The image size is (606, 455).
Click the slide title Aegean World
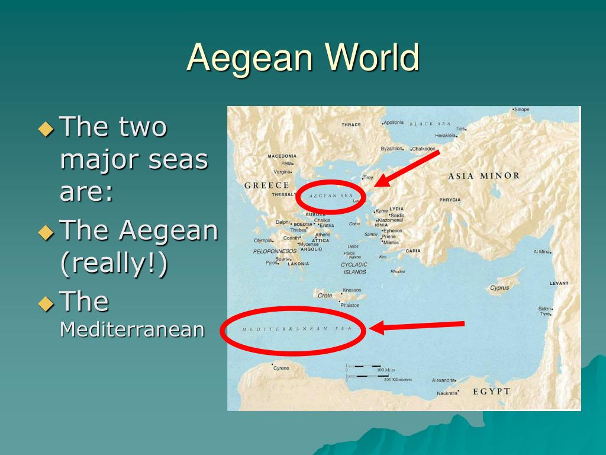click(303, 58)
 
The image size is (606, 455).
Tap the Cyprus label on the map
click(499, 288)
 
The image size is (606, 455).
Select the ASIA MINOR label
click(484, 176)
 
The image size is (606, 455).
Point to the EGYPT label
click(491, 391)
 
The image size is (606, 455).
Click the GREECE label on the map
click(267, 185)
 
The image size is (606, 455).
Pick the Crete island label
click(325, 295)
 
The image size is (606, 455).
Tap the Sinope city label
click(522, 110)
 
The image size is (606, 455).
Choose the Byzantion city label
click(392, 149)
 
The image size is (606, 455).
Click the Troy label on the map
click(368, 177)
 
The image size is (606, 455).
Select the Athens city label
click(323, 235)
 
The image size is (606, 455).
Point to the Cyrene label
click(281, 368)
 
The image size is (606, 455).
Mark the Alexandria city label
click(443, 380)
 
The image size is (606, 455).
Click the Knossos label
click(351, 290)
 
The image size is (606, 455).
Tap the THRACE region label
click(351, 125)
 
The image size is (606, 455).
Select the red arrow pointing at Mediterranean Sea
click(418, 325)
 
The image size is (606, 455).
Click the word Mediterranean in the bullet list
click(133, 329)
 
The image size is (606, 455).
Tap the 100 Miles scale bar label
click(386, 370)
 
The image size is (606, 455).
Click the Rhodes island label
click(398, 272)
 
